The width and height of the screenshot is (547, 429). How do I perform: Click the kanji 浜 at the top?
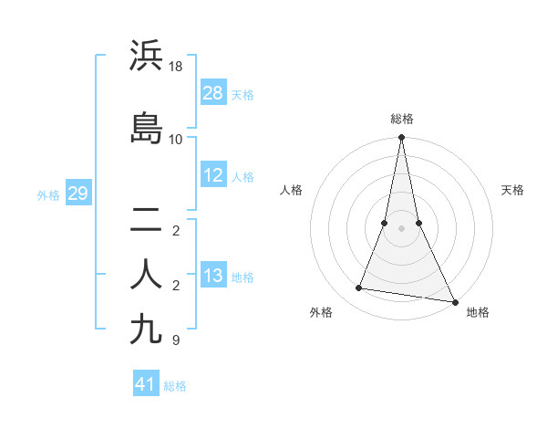pyautogui.click(x=147, y=56)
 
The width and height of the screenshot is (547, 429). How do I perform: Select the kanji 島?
pyautogui.click(x=147, y=128)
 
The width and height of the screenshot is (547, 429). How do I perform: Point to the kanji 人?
pyautogui.click(x=147, y=274)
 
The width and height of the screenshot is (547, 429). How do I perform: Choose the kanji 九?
pyautogui.click(x=147, y=328)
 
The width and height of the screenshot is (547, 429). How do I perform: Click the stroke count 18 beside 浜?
pyautogui.click(x=176, y=67)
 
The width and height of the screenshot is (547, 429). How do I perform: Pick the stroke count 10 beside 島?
pyautogui.click(x=176, y=139)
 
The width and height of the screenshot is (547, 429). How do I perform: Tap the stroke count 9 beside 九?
pyautogui.click(x=175, y=340)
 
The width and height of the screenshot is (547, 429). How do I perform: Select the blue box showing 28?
pyautogui.click(x=213, y=93)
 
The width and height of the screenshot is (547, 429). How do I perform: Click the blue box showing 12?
pyautogui.click(x=213, y=175)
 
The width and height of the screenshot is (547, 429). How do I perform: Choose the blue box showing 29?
pyautogui.click(x=77, y=194)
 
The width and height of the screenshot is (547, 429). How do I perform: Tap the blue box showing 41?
pyautogui.click(x=146, y=384)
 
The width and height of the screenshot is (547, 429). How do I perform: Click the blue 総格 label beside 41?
pyautogui.click(x=175, y=386)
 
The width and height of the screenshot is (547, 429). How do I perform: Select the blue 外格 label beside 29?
pyautogui.click(x=48, y=194)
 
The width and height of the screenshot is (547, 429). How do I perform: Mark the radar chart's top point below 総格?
pyautogui.click(x=401, y=138)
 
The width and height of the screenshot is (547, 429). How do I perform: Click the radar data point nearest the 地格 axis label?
pyautogui.click(x=454, y=301)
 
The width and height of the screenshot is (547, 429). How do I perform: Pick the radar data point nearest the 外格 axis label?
pyautogui.click(x=359, y=288)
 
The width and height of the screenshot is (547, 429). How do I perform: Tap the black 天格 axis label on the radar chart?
pyautogui.click(x=513, y=190)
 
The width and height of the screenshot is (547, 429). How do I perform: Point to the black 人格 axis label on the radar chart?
pyautogui.click(x=291, y=190)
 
